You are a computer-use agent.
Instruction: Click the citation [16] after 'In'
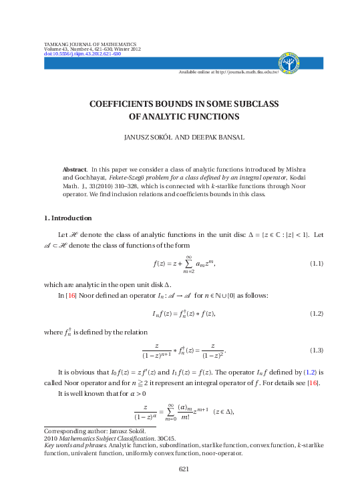pyautogui.click(x=71, y=294)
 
